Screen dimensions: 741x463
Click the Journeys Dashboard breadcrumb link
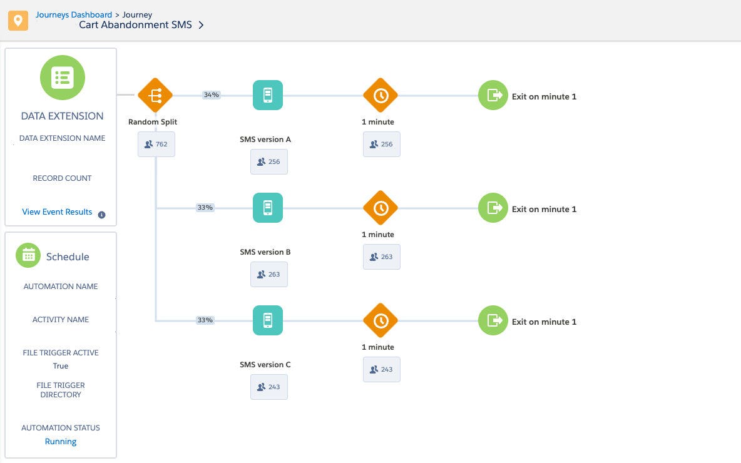click(74, 14)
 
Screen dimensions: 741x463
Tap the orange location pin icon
click(18, 21)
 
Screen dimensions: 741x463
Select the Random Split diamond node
click(155, 96)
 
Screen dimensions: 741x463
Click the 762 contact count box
click(156, 144)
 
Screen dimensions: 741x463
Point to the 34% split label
click(212, 95)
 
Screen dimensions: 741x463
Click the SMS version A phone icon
click(268, 95)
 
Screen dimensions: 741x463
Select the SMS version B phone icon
click(268, 207)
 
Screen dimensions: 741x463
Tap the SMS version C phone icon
click(268, 320)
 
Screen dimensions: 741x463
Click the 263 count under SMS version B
click(269, 274)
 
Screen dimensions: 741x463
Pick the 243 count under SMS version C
click(269, 387)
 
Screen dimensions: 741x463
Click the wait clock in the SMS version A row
click(381, 96)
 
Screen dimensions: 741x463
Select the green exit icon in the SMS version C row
click(493, 320)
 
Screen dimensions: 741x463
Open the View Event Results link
click(57, 211)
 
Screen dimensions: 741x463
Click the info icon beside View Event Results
click(101, 215)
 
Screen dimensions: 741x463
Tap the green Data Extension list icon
click(63, 78)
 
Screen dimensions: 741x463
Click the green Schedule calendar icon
click(28, 255)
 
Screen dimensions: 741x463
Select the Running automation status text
click(61, 441)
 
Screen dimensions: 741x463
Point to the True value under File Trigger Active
click(61, 365)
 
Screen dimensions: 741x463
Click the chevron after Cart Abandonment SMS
click(201, 25)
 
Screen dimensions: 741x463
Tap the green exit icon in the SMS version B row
click(493, 207)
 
